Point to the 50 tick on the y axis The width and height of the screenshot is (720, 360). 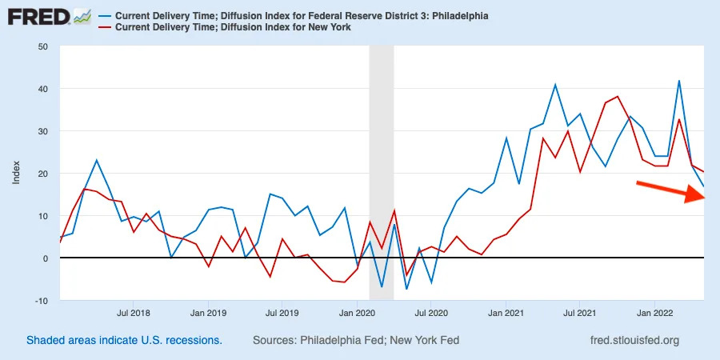pos(42,46)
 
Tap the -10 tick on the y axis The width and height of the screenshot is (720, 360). pos(41,301)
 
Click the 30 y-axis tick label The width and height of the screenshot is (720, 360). pos(42,131)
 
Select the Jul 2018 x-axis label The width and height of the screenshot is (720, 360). pos(134,314)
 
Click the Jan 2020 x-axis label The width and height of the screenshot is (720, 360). pos(358,314)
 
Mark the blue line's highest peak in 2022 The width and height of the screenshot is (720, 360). pos(679,81)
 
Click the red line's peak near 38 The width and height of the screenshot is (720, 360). pos(618,97)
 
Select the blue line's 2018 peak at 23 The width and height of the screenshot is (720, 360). pos(97,161)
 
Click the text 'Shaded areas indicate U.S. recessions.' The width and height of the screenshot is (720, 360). pos(124,340)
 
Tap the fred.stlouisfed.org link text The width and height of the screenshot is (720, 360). pos(633,340)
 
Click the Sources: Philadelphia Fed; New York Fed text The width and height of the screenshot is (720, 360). pos(356,340)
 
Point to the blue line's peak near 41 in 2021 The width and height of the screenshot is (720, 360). pos(555,85)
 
